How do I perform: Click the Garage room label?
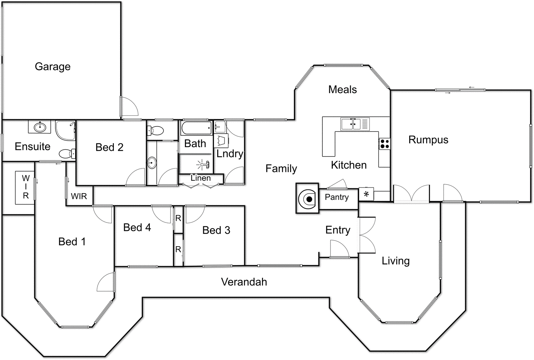coord(53,66)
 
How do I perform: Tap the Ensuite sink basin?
coord(40,127)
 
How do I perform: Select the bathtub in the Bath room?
coord(196,128)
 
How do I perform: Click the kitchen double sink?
coord(350,124)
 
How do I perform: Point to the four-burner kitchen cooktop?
coord(384,144)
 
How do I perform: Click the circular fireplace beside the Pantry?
coord(307,199)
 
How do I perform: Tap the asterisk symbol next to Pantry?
coord(366,194)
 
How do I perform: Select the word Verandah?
coord(244,282)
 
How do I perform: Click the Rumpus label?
coord(428,140)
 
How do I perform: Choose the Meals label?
coord(342,89)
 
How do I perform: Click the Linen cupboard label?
coord(201,178)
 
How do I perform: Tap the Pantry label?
coord(336,197)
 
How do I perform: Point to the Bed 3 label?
coord(216,230)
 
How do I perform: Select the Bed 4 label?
coord(137,228)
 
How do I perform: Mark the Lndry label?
coord(230,154)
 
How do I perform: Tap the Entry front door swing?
coord(339,249)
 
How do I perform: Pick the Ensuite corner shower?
coord(65,130)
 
